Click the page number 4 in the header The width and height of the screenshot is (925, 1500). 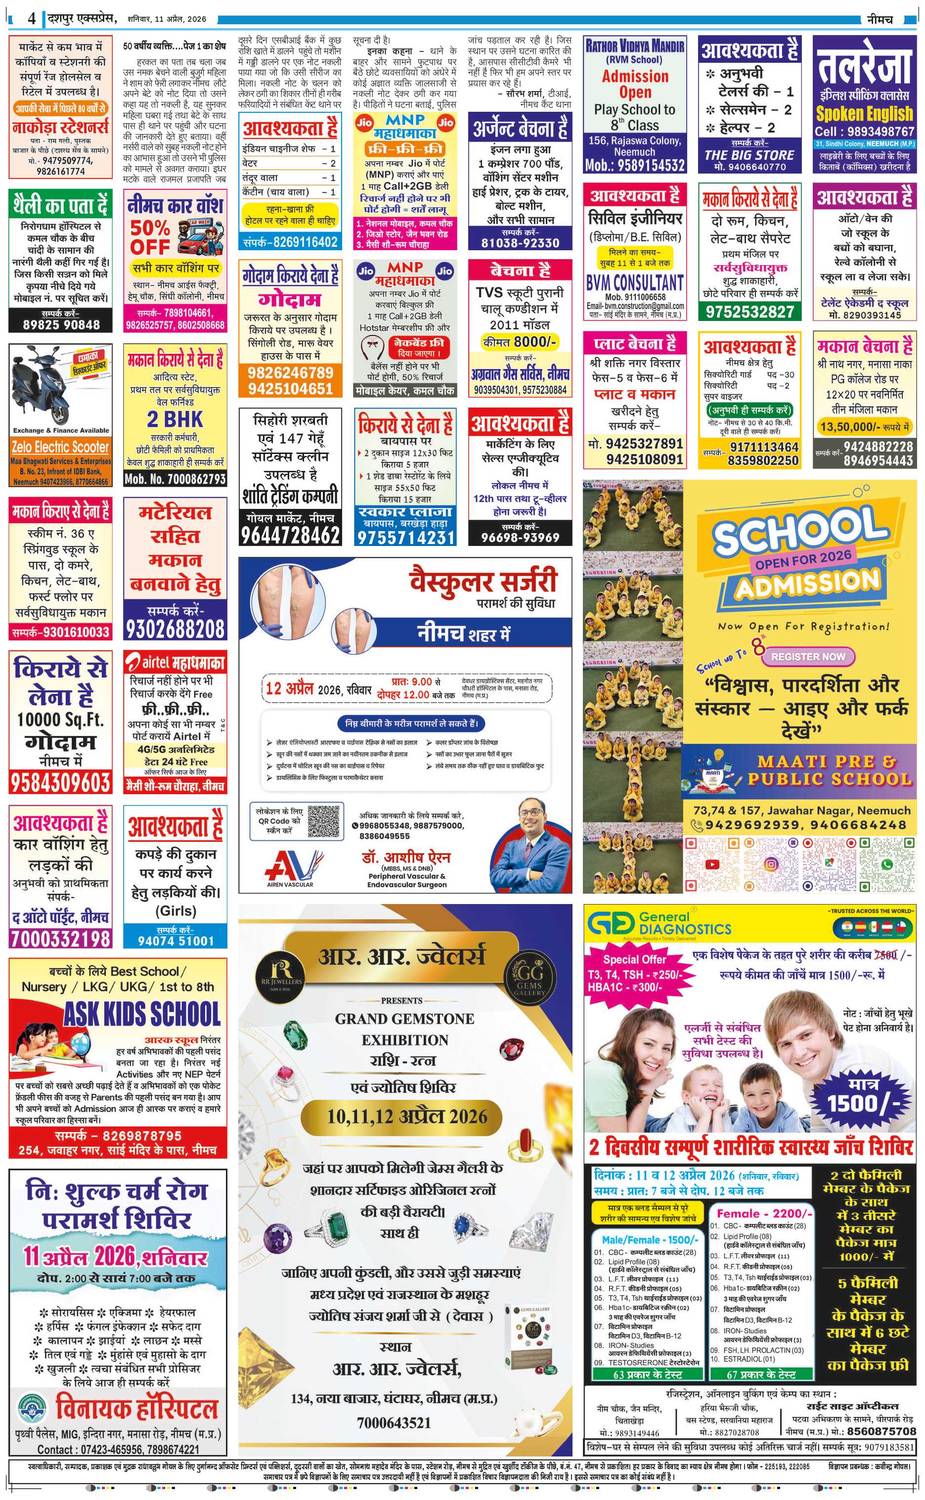tap(31, 19)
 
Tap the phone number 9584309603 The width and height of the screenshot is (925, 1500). tap(60, 782)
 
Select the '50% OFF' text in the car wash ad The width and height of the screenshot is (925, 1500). tap(149, 237)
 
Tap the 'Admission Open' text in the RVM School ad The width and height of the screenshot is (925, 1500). tap(635, 85)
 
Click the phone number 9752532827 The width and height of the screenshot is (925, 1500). tap(749, 312)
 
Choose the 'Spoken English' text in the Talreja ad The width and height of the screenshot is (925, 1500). tap(864, 114)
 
